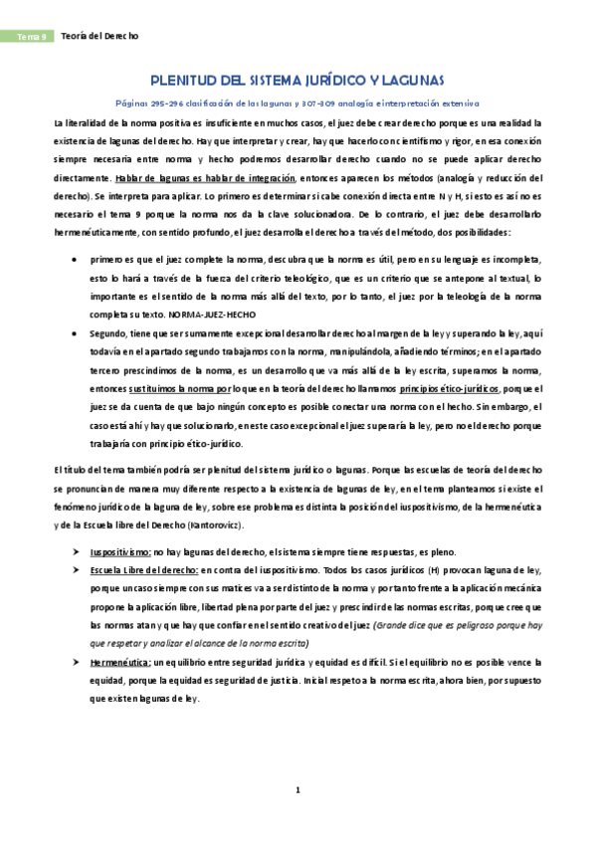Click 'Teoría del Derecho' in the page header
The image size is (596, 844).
click(100, 36)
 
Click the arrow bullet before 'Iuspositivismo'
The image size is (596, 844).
click(77, 550)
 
